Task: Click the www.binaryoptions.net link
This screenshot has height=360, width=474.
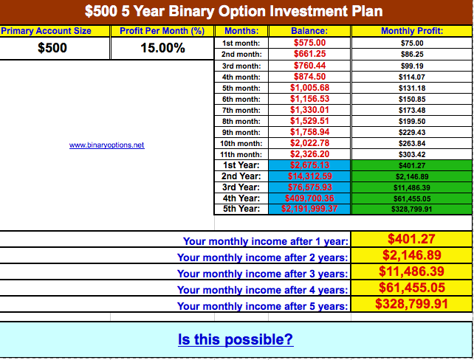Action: coord(107,145)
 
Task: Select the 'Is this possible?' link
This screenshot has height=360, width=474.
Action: coord(236,339)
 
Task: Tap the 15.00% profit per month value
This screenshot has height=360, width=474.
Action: coord(162,48)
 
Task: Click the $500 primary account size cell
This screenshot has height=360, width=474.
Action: coord(52,48)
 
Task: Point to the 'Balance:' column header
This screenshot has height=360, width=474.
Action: coord(309,31)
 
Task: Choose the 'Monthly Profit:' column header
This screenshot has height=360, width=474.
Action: coord(412,31)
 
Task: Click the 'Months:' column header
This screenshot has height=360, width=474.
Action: coord(241,31)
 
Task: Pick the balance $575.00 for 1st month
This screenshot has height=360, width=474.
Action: coord(309,43)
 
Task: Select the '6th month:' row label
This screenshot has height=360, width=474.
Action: coord(241,99)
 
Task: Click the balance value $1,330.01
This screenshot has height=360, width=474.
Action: coord(309,110)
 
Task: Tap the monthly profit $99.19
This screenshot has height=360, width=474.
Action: coord(412,66)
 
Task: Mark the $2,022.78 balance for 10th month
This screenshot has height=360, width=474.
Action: coord(309,143)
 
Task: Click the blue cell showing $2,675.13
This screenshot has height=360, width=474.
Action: coord(309,165)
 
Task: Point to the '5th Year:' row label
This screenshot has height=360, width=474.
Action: coord(241,209)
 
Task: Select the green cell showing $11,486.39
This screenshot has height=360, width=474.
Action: coord(412,187)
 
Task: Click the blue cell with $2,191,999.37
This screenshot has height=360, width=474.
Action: coord(309,209)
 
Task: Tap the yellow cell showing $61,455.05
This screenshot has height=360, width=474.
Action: coord(411,287)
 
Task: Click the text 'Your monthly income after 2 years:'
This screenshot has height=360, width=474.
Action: coord(262,257)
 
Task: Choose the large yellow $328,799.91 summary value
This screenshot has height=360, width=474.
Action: coord(411,303)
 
